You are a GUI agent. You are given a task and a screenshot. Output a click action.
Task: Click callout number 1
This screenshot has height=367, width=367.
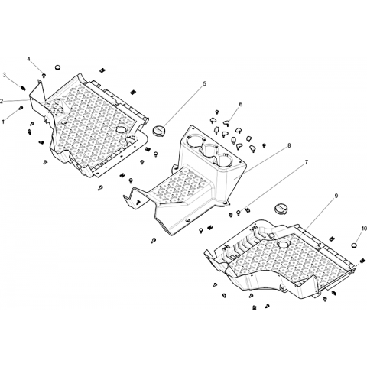[3, 122]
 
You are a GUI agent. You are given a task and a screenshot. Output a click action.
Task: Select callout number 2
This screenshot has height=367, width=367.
[2, 101]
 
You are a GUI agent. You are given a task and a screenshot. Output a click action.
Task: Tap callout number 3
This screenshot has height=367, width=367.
[4, 75]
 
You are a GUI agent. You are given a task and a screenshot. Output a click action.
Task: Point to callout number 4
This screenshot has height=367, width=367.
[29, 60]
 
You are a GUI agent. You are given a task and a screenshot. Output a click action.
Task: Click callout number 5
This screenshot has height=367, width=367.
[205, 84]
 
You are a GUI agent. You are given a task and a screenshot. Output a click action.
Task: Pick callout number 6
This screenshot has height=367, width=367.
[241, 104]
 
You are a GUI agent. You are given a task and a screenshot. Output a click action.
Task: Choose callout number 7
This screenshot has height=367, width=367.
[307, 162]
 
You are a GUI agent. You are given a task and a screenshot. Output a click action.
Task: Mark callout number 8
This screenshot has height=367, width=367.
[289, 145]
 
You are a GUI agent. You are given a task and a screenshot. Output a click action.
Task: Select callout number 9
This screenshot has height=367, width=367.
[336, 196]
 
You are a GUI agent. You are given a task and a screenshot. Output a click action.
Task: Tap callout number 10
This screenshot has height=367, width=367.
[363, 228]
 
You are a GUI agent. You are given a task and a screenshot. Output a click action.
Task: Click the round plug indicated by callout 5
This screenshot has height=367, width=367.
[159, 130]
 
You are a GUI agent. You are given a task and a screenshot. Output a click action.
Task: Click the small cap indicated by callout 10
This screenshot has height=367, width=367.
[354, 245]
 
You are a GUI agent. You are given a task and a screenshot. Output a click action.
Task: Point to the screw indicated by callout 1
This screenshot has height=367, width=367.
[21, 108]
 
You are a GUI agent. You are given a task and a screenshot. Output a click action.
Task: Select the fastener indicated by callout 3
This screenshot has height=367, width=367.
[24, 88]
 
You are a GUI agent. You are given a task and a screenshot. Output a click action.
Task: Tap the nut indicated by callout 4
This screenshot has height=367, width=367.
[44, 75]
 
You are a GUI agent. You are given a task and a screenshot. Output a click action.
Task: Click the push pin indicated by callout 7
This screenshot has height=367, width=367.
[239, 212]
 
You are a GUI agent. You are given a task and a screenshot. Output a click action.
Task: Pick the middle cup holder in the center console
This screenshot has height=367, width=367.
[211, 150]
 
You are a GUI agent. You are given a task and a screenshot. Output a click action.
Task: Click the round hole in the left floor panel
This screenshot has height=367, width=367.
[121, 129]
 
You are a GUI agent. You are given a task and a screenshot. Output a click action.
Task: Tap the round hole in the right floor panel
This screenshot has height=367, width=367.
[283, 244]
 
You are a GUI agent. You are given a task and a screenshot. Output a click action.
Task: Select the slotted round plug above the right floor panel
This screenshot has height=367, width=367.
[281, 208]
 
